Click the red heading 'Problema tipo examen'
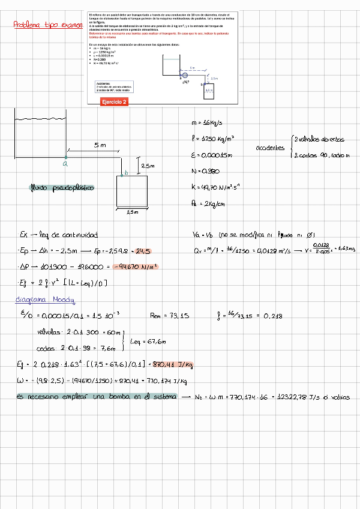coord(48,25)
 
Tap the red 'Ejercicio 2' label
coord(115,103)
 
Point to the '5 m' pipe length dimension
coord(100,145)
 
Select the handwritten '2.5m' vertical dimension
coord(148,166)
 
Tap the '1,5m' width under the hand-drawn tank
coord(133,212)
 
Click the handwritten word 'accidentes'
coord(270,148)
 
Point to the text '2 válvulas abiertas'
coord(319,139)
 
